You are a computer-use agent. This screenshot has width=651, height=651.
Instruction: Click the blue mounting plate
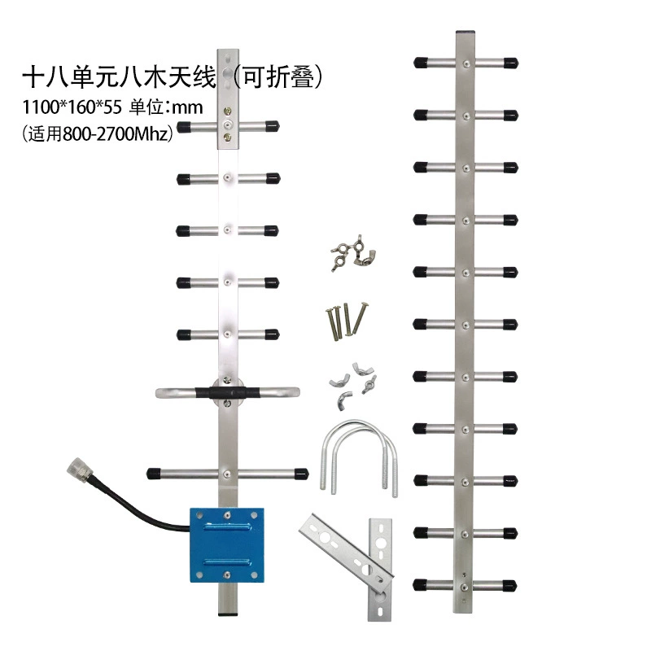227,544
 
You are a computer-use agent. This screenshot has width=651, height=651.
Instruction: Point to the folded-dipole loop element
228,392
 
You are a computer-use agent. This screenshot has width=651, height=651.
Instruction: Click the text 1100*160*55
72,107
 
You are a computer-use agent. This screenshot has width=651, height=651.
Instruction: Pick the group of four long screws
346,319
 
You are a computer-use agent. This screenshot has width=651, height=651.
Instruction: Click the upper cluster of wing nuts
353,252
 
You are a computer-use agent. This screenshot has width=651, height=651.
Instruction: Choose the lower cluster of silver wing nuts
352,386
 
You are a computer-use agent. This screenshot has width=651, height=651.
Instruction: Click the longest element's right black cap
301,474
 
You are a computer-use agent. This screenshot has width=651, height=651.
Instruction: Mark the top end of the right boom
465,33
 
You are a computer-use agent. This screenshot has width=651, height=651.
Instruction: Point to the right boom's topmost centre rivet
466,63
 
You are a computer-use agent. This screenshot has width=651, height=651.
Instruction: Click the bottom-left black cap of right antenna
420,585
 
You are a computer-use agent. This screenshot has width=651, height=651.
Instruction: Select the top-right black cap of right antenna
511,63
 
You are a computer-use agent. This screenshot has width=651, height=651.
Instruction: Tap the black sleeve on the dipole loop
228,392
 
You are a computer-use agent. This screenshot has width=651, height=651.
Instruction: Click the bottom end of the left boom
228,613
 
